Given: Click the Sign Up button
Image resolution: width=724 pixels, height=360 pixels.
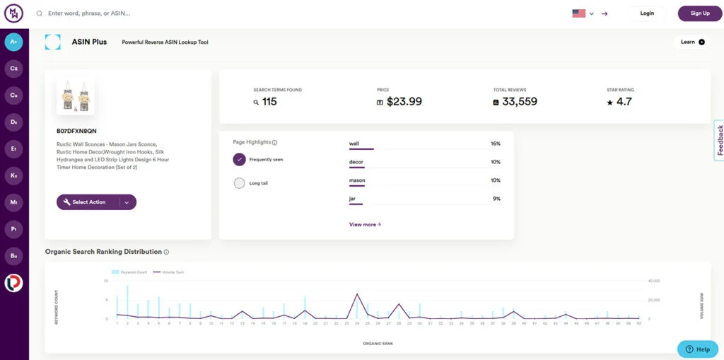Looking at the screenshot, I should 699,13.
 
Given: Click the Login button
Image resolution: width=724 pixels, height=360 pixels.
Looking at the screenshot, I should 646,13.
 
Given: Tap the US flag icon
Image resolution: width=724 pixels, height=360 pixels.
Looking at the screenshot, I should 579,13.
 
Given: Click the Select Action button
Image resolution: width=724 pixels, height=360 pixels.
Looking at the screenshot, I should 88,202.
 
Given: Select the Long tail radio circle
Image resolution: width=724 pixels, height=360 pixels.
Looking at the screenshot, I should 239,183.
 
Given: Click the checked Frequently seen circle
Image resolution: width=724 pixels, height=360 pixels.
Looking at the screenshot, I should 239,159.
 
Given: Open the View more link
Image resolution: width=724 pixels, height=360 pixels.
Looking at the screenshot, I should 365,225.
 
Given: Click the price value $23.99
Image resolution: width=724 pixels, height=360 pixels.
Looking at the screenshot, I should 404,102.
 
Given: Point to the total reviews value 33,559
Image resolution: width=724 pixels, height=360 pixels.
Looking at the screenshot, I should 520,102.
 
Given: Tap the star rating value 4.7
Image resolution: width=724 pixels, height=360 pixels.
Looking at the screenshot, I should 624,102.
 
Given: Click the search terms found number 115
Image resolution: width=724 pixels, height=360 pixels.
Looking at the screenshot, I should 269,102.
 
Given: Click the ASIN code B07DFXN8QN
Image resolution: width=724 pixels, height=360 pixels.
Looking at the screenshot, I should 76,131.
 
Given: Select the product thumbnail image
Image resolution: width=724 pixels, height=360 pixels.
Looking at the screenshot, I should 76,97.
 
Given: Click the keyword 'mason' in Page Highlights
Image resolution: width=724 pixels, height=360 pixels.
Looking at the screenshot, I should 357,180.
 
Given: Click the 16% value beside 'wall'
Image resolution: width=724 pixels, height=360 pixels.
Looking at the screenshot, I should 495,144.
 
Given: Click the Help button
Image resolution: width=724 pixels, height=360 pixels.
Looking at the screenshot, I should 697,349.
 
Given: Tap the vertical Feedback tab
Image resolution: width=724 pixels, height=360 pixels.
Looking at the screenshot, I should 720,140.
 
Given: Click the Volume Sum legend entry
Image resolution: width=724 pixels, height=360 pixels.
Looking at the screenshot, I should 170,272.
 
